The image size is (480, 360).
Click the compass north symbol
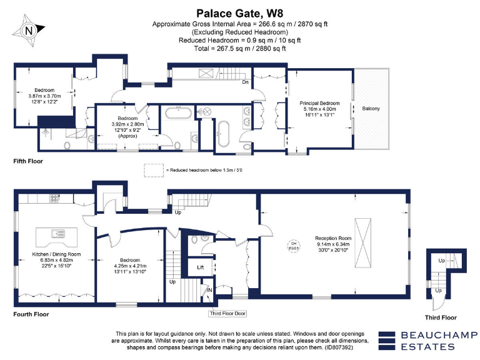29,29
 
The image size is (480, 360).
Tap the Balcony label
371,109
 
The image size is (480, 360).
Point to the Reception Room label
332,238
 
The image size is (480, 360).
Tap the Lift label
200,267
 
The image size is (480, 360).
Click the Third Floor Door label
227,314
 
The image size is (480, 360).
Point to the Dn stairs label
246,82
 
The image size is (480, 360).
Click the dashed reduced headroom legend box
152,169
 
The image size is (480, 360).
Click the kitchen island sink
59,234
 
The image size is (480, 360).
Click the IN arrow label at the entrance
210,290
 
